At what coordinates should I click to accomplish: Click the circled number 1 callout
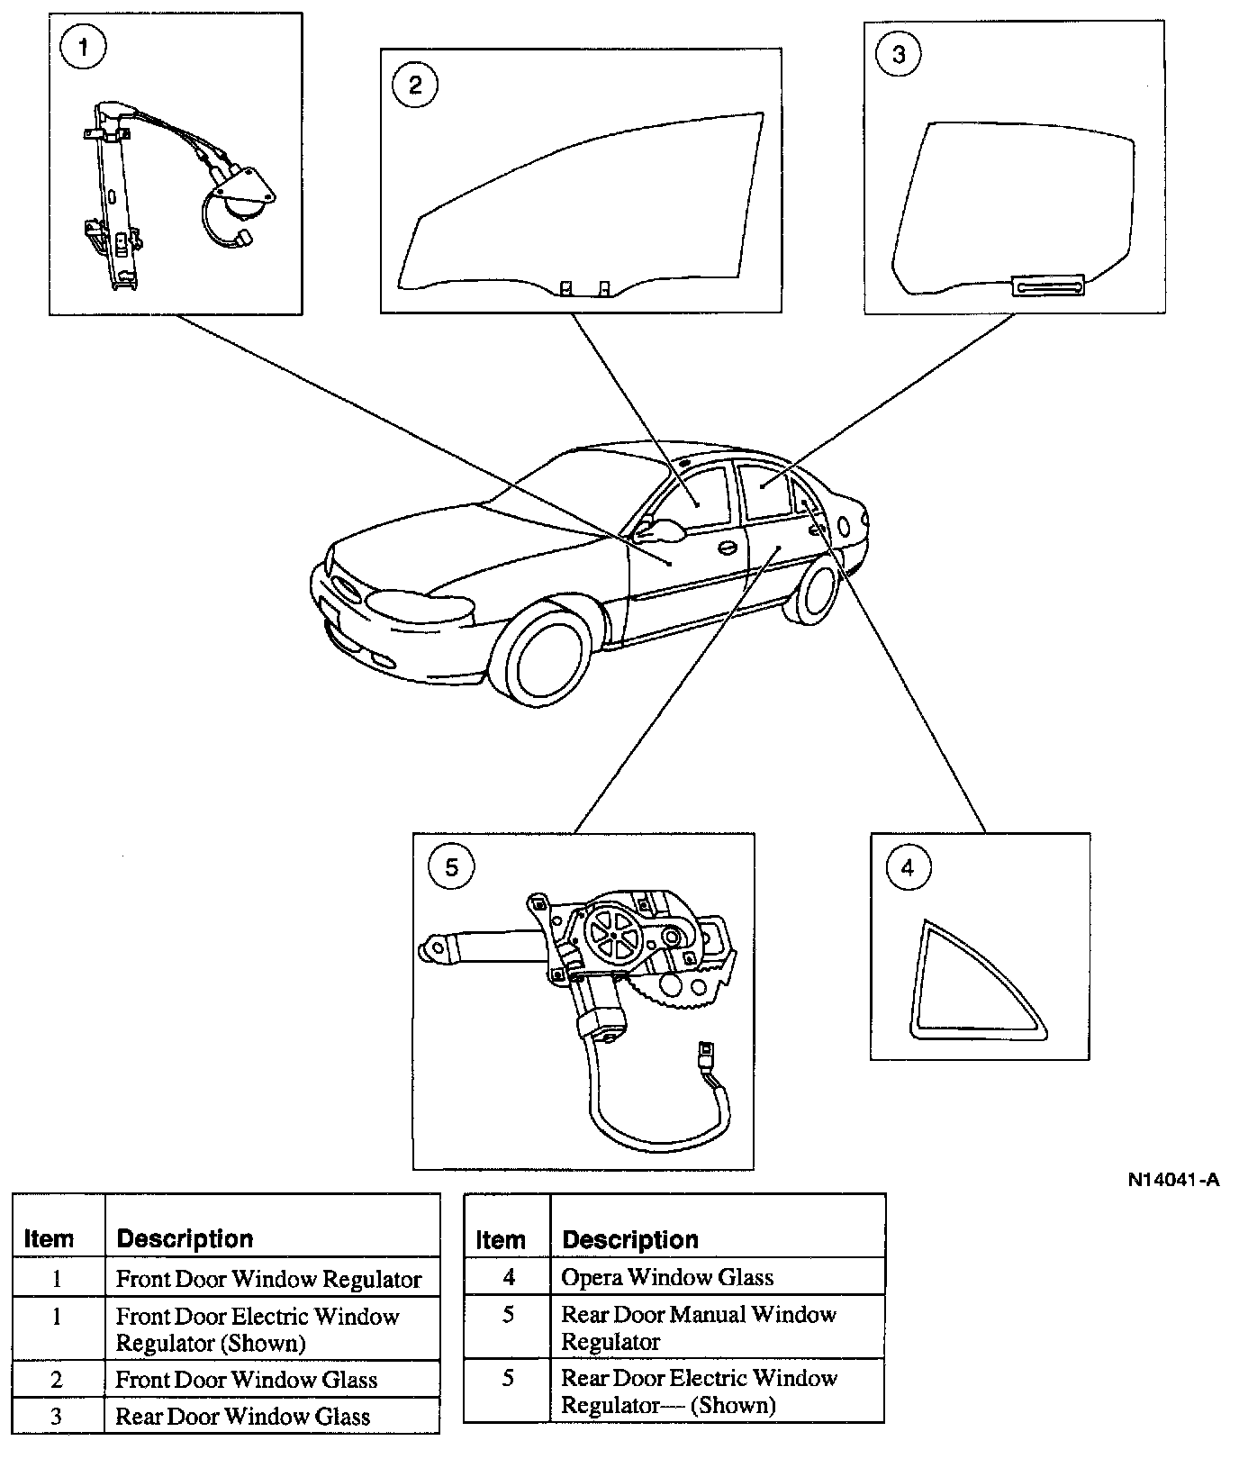click(x=83, y=47)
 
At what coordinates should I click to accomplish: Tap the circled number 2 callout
click(x=415, y=85)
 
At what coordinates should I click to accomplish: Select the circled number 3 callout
click(x=899, y=55)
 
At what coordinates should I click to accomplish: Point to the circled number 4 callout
click(x=907, y=867)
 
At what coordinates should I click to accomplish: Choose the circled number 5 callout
click(x=452, y=866)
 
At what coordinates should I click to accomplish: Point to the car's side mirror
click(x=665, y=530)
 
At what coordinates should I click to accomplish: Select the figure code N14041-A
click(x=1173, y=1179)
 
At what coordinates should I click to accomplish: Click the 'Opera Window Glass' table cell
click(x=667, y=1277)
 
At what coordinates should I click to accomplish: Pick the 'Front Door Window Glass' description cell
click(x=247, y=1380)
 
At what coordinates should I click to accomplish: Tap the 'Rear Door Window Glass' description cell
click(x=243, y=1417)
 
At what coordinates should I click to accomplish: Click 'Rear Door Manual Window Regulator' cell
click(x=699, y=1327)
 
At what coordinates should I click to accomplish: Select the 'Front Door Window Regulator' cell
click(x=268, y=1279)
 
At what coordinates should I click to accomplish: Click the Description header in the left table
click(x=185, y=1238)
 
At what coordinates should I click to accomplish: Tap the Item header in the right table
click(x=501, y=1240)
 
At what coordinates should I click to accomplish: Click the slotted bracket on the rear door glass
click(x=1049, y=285)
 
